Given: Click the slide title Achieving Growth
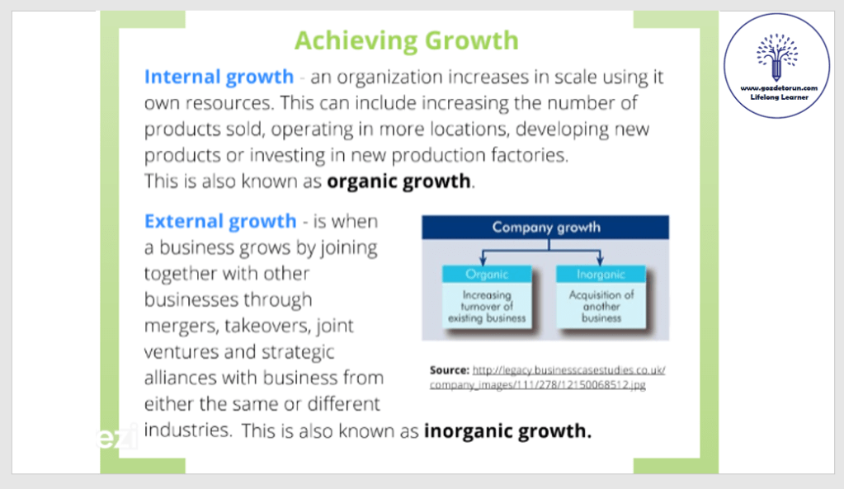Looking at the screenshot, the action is click(407, 41).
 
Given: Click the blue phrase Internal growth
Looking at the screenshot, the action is click(219, 77).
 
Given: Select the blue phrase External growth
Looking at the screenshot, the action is click(220, 221).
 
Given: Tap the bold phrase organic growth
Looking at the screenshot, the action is click(398, 181).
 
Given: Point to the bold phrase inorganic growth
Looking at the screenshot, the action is click(507, 431).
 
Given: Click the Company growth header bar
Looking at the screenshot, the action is click(545, 227).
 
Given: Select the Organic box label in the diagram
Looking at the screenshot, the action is click(487, 275).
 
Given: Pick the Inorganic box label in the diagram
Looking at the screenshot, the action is click(601, 275).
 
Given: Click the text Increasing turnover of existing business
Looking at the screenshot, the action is click(487, 307).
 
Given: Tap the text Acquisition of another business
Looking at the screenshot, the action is click(601, 307).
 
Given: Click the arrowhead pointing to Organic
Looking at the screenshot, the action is click(483, 261).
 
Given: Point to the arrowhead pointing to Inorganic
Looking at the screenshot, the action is click(600, 261).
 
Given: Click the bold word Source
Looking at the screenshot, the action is click(450, 370).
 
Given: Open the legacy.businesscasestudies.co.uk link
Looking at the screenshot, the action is click(548, 378).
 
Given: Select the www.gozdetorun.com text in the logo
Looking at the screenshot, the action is click(779, 87).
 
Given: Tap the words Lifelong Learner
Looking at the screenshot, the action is click(779, 97).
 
